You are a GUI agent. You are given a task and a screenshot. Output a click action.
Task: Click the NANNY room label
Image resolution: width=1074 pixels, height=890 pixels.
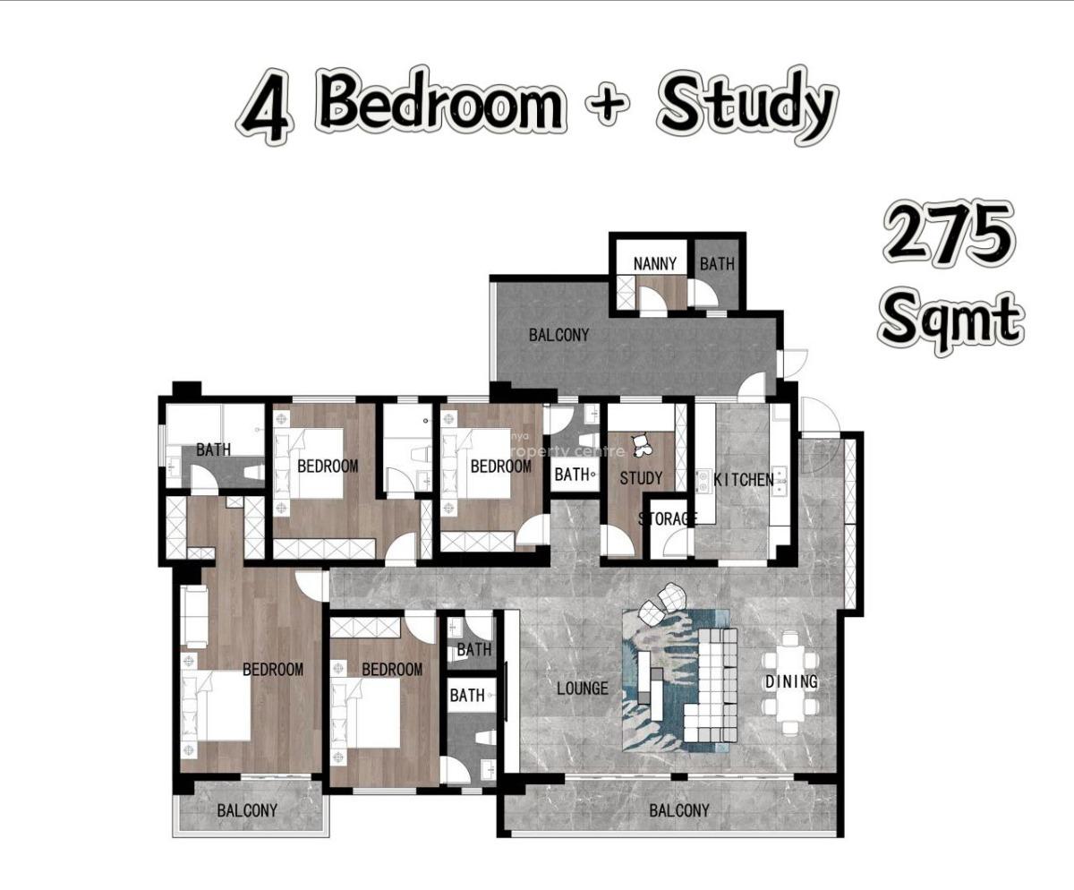[654, 264]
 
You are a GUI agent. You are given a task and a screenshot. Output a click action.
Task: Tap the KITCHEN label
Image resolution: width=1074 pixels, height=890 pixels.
[743, 480]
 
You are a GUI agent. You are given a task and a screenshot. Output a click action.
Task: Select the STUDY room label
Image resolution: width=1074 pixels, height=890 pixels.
[641, 478]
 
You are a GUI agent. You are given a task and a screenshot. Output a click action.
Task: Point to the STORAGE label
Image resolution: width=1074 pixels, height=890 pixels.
[667, 518]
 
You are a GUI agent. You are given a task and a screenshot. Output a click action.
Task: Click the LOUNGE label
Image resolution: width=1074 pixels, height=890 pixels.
[583, 689]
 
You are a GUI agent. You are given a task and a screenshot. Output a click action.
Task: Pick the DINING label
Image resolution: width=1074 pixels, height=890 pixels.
[791, 681]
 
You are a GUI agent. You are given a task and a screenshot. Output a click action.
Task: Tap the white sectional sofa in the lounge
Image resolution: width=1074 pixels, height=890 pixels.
[711, 686]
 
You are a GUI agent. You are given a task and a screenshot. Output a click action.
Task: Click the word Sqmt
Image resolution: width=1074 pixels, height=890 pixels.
[951, 321]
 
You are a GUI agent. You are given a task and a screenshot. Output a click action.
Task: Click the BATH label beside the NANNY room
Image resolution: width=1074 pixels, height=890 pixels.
[717, 264]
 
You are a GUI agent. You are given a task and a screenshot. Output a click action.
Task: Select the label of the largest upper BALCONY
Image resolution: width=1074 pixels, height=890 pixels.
[558, 335]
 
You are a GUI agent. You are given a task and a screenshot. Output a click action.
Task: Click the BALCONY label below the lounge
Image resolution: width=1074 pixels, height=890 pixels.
[679, 810]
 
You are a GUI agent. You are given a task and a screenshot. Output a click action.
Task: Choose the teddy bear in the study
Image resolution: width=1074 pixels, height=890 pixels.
[641, 446]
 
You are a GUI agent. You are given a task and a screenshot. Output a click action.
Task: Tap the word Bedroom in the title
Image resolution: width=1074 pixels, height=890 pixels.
[442, 102]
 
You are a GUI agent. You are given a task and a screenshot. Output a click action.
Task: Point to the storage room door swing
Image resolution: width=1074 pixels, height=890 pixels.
[675, 544]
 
